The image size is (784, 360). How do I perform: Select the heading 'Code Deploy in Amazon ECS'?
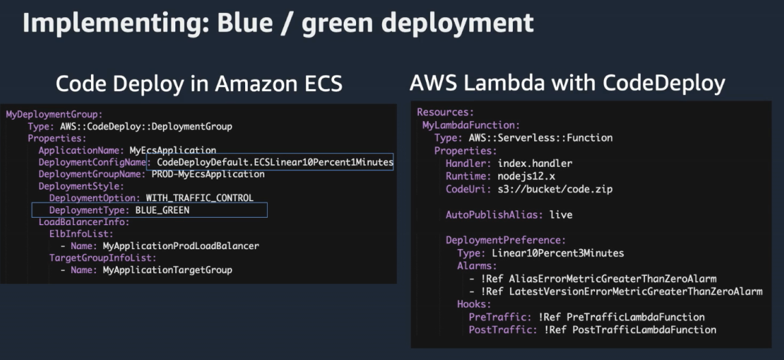tap(199, 83)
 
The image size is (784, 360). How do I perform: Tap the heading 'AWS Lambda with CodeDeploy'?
tap(567, 83)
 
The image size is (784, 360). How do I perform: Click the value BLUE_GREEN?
tap(162, 210)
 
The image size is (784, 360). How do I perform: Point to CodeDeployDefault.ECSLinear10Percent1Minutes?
tap(275, 162)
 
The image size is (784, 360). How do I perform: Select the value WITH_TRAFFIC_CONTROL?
tap(199, 198)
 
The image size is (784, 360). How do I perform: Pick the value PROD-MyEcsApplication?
tap(208, 174)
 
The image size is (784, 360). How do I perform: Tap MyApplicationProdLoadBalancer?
tap(181, 246)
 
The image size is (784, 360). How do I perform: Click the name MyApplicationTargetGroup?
tap(167, 270)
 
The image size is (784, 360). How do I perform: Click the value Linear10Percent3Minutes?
tap(557, 253)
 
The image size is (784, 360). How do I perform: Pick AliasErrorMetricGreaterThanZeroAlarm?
tap(612, 279)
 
